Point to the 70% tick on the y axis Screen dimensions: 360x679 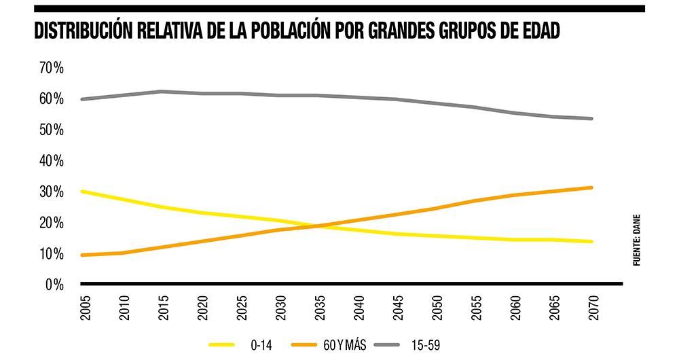click(x=51, y=68)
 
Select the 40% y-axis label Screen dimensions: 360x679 click(x=51, y=161)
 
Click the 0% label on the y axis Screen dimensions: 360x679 click(x=54, y=285)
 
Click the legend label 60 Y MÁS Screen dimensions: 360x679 click(x=345, y=344)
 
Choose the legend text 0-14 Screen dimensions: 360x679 click(x=261, y=344)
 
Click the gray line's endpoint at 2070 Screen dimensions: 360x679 click(x=592, y=119)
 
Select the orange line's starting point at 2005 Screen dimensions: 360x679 click(x=82, y=255)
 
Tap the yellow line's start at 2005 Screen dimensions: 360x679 click(x=82, y=192)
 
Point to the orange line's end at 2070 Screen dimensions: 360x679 click(x=592, y=187)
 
